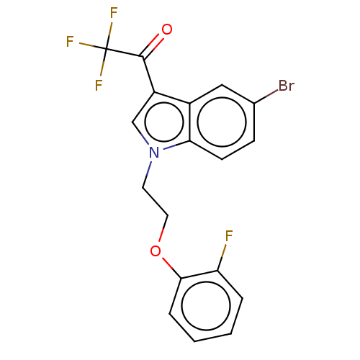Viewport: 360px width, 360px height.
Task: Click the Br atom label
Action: point(286,86)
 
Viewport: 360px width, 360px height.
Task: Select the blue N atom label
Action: point(154,152)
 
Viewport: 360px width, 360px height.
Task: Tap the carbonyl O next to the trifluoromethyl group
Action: point(167,30)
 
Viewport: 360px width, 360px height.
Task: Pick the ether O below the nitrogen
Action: point(156,251)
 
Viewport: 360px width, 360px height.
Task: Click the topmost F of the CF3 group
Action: point(113,13)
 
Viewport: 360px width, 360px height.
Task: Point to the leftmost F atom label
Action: point(70,42)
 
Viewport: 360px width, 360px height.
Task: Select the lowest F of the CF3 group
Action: point(99,86)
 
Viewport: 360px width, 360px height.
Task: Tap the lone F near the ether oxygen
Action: point(229,236)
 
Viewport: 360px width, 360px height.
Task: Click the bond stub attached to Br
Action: point(271,93)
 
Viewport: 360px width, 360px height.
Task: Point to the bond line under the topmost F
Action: point(111,30)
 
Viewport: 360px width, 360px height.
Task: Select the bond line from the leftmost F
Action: point(86,45)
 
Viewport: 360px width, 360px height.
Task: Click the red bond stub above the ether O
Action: point(161,235)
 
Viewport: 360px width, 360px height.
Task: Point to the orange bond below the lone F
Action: point(223,251)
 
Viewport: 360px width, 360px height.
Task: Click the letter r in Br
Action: point(291,86)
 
